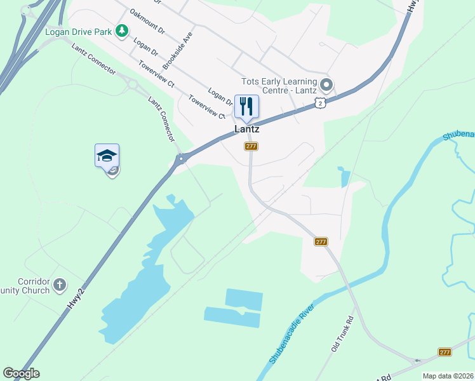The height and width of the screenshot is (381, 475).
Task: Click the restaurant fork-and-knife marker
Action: pyautogui.click(x=246, y=106)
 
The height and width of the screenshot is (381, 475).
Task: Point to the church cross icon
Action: pyautogui.click(x=60, y=284)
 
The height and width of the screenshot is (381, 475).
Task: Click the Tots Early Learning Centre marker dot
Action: pyautogui.click(x=326, y=84)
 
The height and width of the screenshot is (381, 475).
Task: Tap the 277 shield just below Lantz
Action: pyautogui.click(x=251, y=147)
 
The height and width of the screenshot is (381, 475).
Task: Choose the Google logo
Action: pyautogui.click(x=21, y=373)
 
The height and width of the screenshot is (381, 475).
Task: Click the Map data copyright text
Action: pyautogui.click(x=448, y=376)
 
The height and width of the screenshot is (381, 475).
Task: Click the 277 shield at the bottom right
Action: pyautogui.click(x=445, y=352)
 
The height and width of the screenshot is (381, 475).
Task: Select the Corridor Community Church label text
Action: pyautogui.click(x=25, y=286)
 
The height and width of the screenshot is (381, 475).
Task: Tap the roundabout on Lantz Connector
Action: pyautogui.click(x=132, y=83)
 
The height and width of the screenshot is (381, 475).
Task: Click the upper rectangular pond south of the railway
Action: pyautogui.click(x=244, y=298)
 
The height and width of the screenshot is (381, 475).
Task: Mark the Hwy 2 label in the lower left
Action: pyautogui.click(x=76, y=297)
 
